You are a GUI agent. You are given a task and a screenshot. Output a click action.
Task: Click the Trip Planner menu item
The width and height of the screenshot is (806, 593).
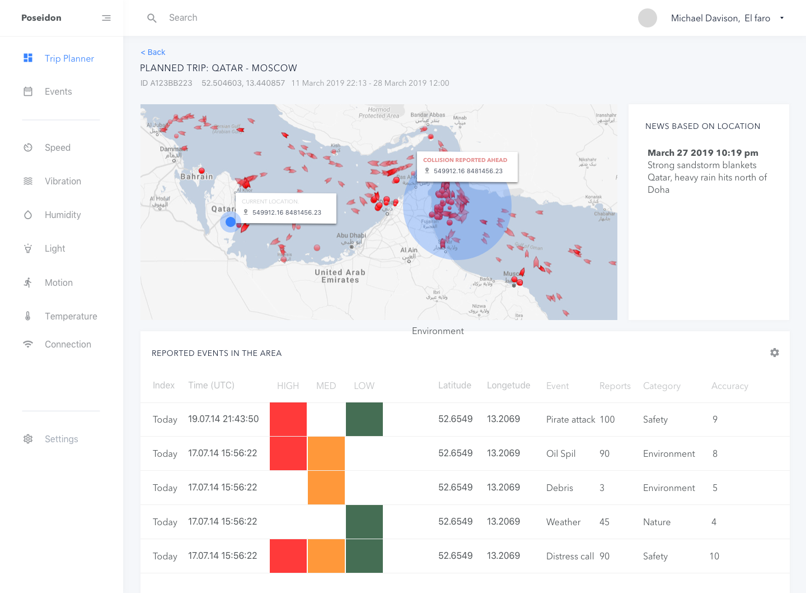(x=69, y=58)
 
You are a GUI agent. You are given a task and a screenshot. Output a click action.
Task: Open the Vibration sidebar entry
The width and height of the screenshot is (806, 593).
(x=63, y=181)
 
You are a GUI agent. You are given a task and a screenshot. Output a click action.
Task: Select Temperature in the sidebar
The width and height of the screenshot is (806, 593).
(x=71, y=316)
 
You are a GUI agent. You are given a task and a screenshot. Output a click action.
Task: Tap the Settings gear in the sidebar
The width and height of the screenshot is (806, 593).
(x=28, y=439)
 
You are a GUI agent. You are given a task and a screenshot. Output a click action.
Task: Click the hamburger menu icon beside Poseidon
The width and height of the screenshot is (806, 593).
(x=106, y=18)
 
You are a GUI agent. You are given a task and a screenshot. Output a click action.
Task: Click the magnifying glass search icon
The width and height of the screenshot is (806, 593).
(x=152, y=18)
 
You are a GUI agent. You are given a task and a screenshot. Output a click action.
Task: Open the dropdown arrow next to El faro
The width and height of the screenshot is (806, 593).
(x=782, y=18)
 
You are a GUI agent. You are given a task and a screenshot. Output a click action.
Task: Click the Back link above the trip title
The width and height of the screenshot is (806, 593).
(x=153, y=52)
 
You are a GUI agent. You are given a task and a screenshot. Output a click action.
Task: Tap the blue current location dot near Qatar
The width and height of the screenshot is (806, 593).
(x=230, y=222)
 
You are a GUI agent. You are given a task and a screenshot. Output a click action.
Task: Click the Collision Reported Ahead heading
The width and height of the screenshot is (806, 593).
(x=465, y=160)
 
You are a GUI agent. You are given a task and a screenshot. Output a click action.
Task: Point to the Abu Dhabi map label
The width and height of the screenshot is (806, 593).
(x=351, y=235)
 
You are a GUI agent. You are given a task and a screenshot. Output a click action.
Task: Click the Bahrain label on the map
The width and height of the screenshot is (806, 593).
(x=196, y=177)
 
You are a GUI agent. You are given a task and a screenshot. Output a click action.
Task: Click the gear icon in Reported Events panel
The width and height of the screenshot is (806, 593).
(x=775, y=353)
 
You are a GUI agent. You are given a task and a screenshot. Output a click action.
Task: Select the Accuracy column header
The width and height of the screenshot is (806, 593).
(x=729, y=386)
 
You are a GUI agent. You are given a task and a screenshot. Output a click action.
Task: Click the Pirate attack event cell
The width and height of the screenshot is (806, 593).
(x=570, y=419)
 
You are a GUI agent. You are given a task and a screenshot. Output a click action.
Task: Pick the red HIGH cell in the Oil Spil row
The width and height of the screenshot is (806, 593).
(x=288, y=453)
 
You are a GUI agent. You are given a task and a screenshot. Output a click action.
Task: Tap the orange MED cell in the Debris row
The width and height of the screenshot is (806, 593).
(x=326, y=488)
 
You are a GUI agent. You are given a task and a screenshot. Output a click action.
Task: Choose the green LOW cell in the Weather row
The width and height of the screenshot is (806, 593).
(x=364, y=522)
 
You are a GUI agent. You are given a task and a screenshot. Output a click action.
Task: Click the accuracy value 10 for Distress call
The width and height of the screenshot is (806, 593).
(x=714, y=556)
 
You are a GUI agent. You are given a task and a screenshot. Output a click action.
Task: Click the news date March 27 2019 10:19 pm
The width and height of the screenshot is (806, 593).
(x=702, y=152)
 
